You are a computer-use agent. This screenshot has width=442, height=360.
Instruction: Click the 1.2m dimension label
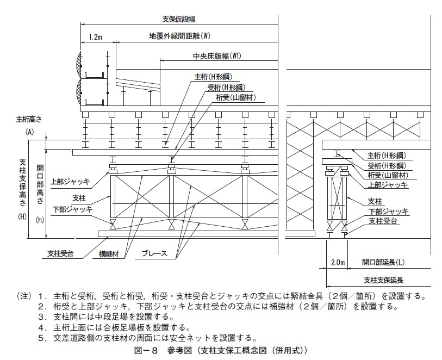click(95, 37)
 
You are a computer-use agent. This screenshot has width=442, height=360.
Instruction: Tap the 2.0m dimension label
click(338, 263)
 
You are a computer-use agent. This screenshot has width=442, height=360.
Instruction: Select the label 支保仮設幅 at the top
click(179, 19)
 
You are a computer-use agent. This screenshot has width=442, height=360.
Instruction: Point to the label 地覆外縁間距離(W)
click(180, 36)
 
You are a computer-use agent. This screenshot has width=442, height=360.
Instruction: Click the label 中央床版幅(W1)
click(217, 56)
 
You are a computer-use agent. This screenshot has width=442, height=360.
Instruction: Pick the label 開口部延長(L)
click(383, 263)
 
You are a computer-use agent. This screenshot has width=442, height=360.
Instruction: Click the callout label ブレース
click(154, 253)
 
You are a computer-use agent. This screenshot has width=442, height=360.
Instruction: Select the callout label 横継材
click(109, 254)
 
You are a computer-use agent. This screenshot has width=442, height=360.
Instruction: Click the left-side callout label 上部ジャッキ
click(70, 182)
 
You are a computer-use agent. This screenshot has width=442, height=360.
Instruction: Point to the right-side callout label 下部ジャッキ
click(389, 212)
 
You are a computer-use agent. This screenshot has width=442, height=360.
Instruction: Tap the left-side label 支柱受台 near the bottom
click(60, 254)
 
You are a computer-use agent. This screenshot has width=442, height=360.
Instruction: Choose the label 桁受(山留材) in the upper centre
click(236, 98)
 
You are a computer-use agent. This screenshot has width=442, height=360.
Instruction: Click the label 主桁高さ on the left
click(29, 120)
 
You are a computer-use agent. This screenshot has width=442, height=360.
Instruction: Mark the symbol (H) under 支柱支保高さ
click(22, 217)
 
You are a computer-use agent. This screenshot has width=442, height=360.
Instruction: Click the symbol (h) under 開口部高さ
click(40, 220)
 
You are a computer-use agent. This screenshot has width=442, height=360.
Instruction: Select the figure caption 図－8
click(146, 350)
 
